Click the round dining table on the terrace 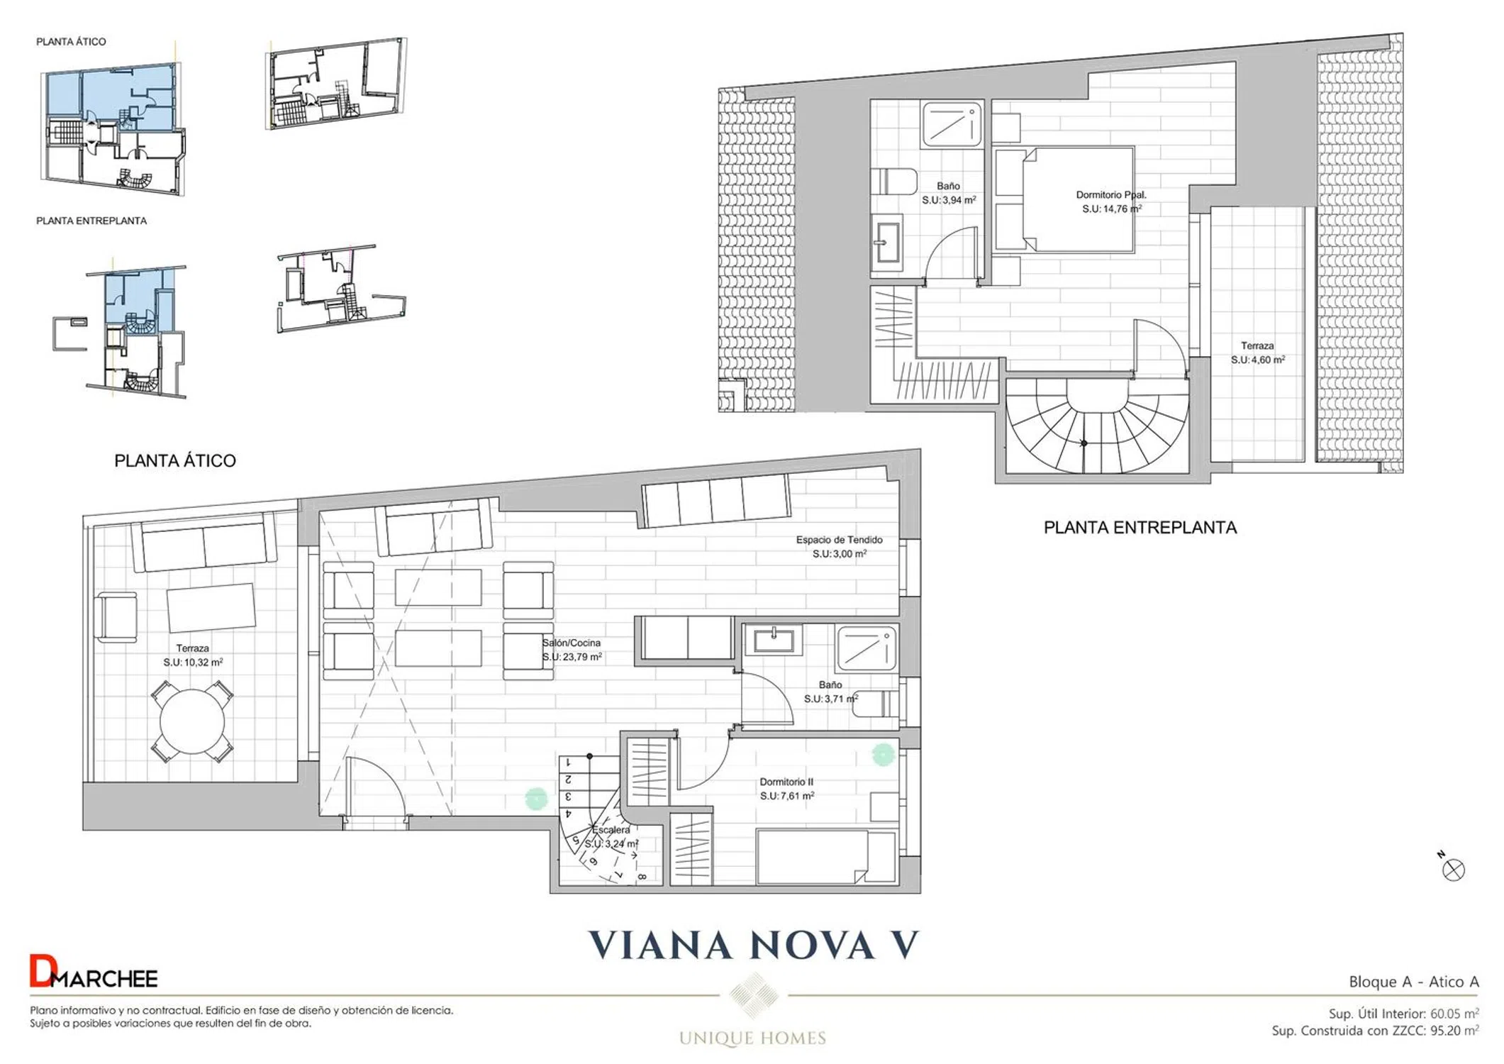tap(192, 721)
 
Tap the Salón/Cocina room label tap(572, 643)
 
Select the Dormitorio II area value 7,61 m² tap(787, 796)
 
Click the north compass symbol tap(1452, 868)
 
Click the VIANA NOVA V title tap(754, 945)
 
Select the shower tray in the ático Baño tap(866, 648)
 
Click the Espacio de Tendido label tap(839, 540)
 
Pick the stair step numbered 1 tap(577, 763)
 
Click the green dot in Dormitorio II tap(883, 755)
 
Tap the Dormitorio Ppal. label tap(1111, 194)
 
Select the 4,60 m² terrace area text tap(1258, 360)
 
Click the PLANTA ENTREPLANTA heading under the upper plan tap(1140, 528)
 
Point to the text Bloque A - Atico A tap(1414, 982)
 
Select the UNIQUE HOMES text tap(752, 1038)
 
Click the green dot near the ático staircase tap(537, 799)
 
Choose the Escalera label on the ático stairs tap(611, 830)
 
